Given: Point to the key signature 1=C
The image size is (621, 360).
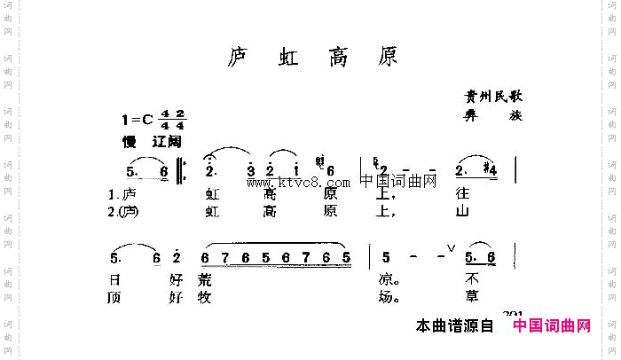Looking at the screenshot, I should pos(140,121).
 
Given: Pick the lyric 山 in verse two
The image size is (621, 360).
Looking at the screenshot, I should pos(460,212).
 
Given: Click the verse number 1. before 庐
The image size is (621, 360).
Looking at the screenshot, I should pos(113,193).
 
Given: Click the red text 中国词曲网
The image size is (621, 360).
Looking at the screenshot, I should pos(552,327).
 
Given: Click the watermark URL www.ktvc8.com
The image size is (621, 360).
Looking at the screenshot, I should pos(299,184).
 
